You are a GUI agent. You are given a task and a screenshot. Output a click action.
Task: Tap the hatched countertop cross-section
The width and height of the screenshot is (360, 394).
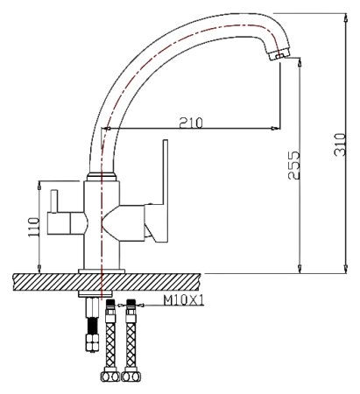(x=53, y=283)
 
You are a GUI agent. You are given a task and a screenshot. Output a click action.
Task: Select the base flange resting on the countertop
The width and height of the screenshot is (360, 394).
(x=102, y=268)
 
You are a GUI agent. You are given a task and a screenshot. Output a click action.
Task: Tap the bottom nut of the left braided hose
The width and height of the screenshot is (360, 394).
(x=109, y=379)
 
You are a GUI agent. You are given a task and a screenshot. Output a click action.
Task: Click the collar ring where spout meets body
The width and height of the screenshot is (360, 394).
(x=103, y=177)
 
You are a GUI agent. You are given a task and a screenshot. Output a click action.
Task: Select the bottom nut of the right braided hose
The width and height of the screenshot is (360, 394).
(x=133, y=379)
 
